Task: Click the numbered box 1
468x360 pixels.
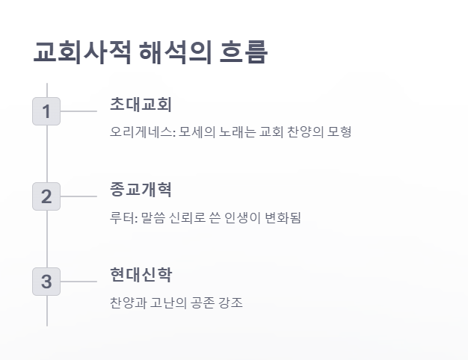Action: point(46,111)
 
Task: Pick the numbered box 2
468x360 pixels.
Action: point(46,196)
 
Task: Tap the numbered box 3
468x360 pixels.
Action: point(46,282)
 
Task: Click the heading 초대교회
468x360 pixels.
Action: point(141,104)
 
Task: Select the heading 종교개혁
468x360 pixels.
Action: point(141,189)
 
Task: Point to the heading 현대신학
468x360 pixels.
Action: point(141,274)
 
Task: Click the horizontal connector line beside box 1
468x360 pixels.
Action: point(78,111)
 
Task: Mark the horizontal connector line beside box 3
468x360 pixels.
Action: point(78,282)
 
